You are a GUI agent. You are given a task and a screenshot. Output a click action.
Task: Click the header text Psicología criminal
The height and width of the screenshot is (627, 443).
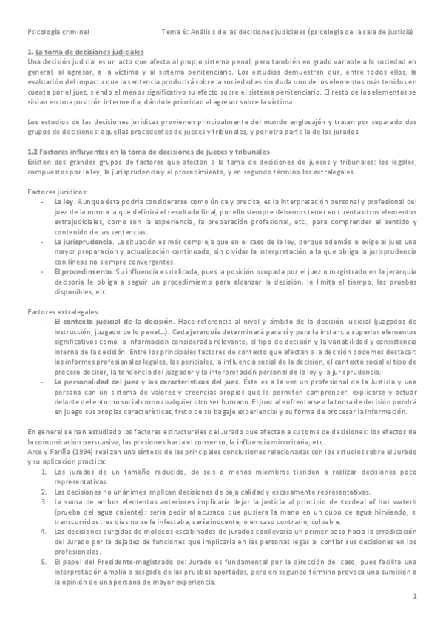[x=58, y=33]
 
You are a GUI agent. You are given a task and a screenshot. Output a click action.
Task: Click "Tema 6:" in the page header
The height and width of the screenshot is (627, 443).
[x=175, y=33]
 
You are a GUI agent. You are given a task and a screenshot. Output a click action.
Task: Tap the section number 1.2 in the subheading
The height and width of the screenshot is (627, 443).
[x=32, y=151]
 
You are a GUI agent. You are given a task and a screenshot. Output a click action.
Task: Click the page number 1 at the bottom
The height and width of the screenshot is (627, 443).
[x=415, y=595]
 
